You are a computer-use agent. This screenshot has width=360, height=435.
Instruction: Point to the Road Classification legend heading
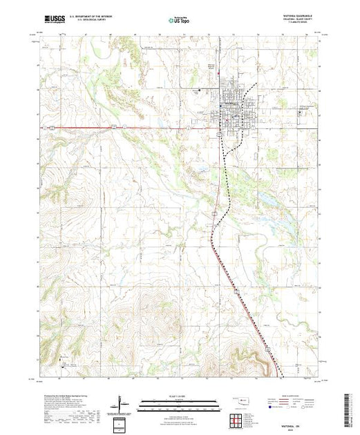pos(295,398)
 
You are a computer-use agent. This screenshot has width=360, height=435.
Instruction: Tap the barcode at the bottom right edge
pos(353,407)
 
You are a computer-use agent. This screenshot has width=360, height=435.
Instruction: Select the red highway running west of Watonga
pos(138,127)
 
